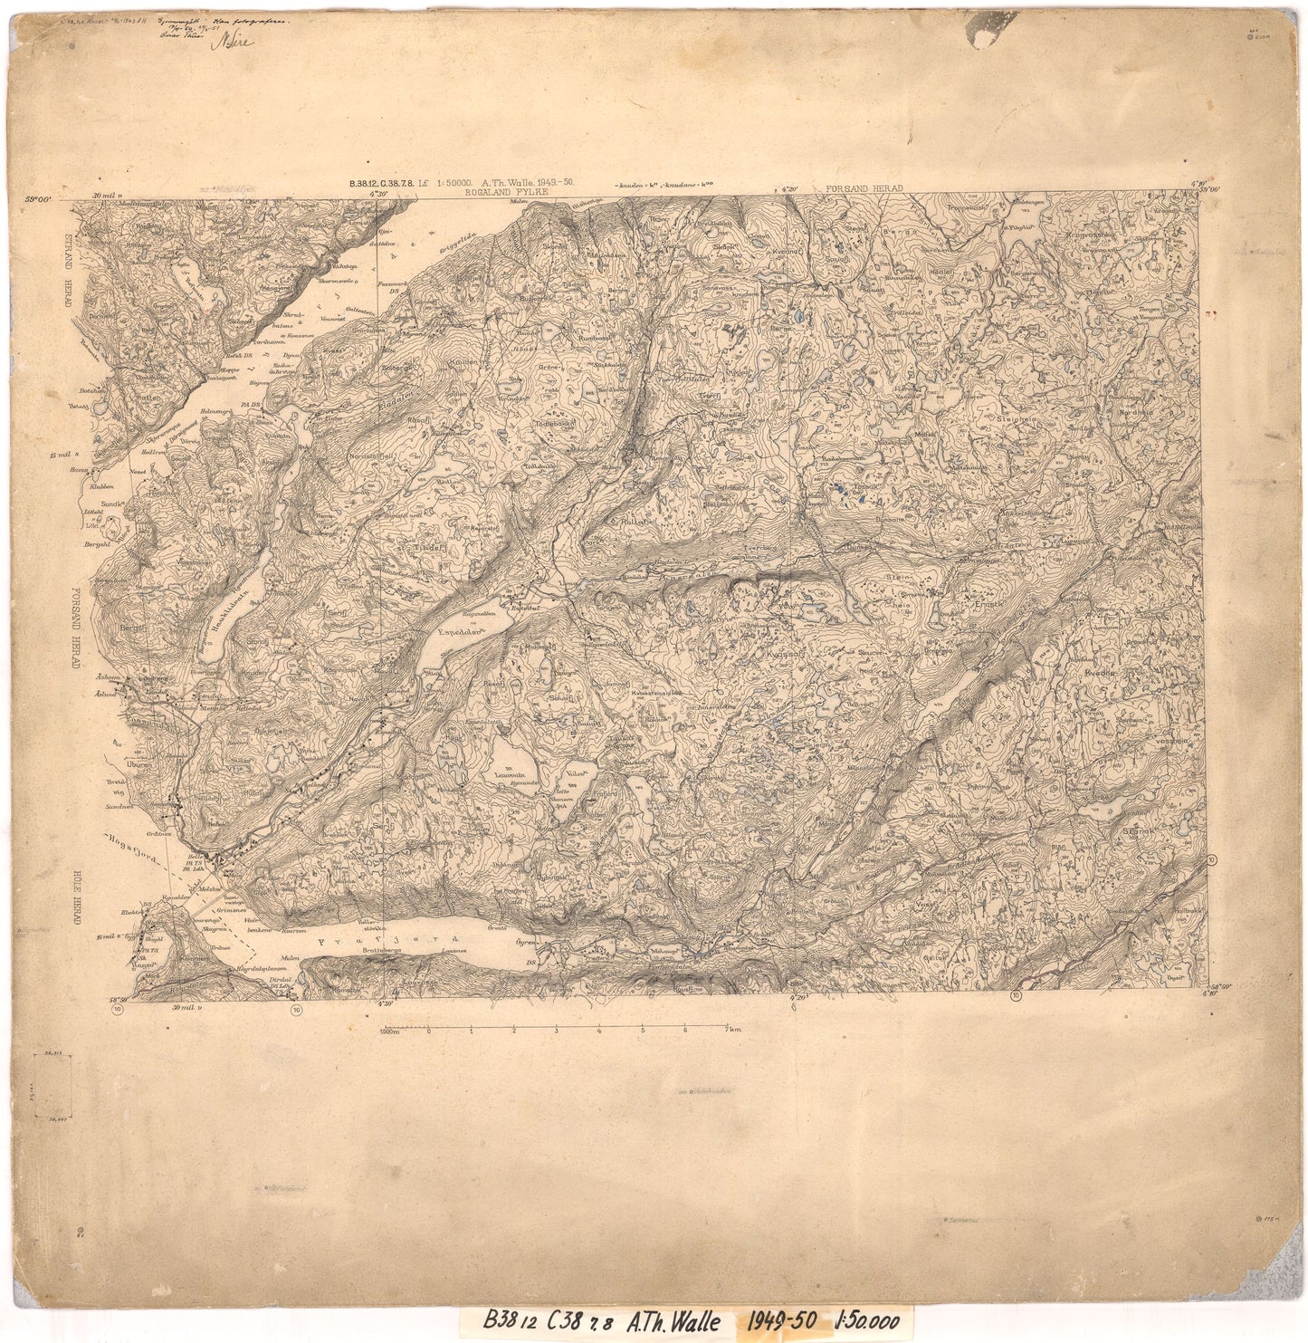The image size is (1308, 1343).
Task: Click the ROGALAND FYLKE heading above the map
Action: [x=501, y=192]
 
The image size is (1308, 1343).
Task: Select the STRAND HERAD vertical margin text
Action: [x=68, y=272]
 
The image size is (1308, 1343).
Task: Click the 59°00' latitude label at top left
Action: [x=40, y=197]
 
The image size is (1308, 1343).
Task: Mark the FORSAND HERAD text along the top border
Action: [x=864, y=187]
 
